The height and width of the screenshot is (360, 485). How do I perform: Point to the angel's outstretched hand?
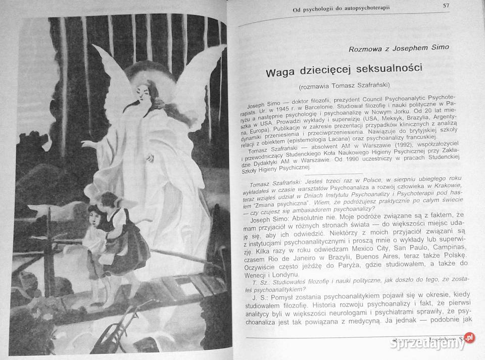click(x=90, y=143)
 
